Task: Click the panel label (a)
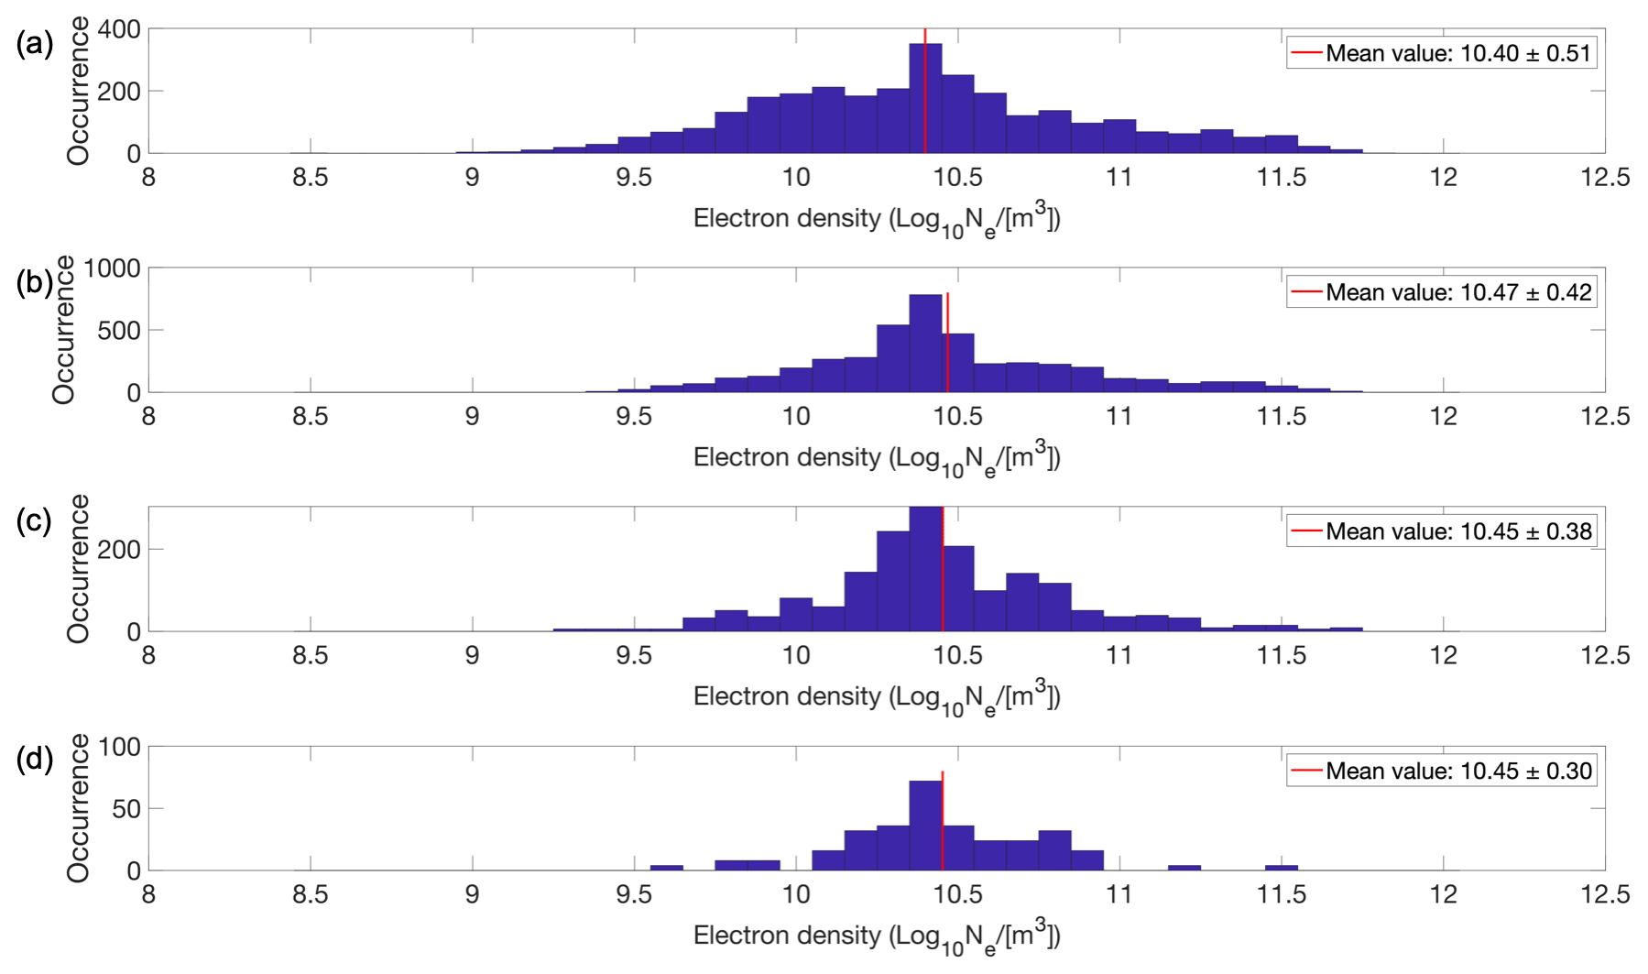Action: click(35, 43)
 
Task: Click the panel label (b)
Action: click(35, 282)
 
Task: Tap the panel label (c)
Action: click(35, 520)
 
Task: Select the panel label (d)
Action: click(35, 760)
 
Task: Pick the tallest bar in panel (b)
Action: click(925, 344)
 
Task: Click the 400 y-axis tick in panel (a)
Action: click(119, 29)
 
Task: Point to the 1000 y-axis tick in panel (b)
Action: click(112, 268)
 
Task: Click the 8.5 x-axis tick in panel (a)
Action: click(311, 177)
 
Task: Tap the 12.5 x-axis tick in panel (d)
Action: click(1604, 893)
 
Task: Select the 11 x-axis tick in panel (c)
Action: click(1119, 655)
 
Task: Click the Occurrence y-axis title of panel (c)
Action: click(78, 568)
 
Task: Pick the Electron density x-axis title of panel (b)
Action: click(877, 458)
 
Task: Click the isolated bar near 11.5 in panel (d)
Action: click(1281, 867)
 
